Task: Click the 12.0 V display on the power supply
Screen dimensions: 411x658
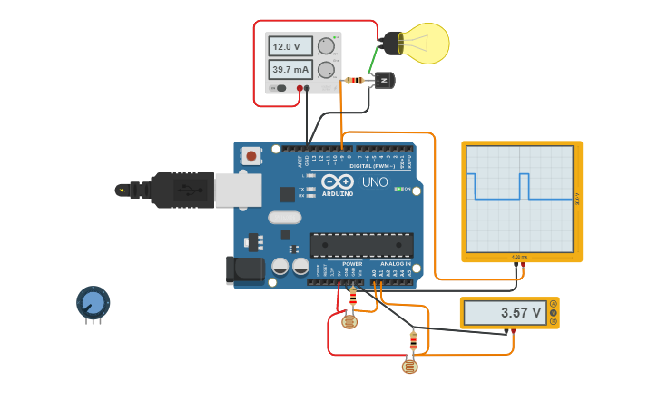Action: tap(290, 46)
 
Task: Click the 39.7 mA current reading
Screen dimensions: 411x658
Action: tap(290, 70)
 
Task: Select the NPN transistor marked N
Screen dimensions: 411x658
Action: tap(385, 82)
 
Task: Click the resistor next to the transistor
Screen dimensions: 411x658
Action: tap(355, 81)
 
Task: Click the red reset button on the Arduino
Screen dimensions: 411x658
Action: tap(250, 156)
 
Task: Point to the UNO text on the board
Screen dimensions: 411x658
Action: tap(375, 182)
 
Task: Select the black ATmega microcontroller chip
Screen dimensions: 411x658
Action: tap(361, 245)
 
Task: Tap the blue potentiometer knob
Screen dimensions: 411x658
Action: tap(93, 301)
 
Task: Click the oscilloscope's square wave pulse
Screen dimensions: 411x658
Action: tap(524, 185)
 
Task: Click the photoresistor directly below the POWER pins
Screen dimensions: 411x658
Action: tap(349, 320)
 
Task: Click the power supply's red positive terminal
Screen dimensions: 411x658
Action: tap(299, 88)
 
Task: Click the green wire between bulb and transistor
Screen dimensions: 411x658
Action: tap(373, 61)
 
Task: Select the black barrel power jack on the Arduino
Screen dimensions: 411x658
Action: tap(243, 270)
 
